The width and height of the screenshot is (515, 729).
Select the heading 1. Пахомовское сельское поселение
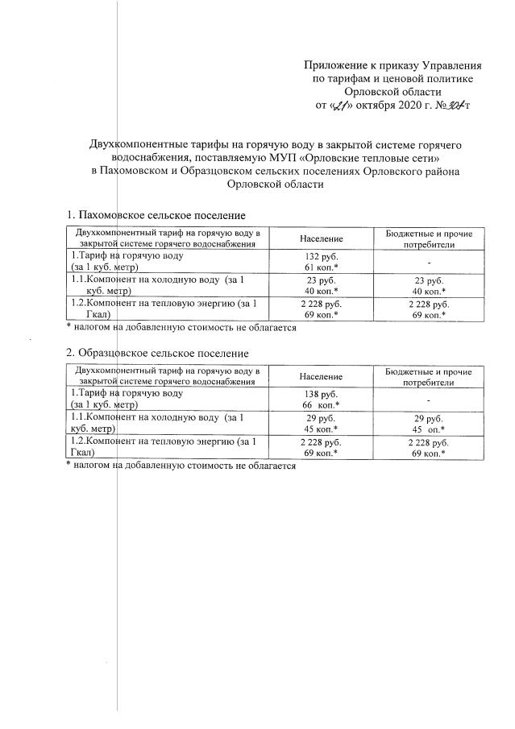[x=155, y=215]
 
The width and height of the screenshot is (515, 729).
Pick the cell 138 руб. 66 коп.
[x=321, y=399]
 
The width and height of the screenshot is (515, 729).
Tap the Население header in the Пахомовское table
[x=321, y=238]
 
